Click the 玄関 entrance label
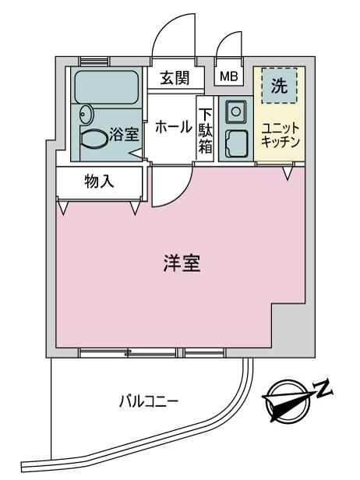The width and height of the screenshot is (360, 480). [175, 78]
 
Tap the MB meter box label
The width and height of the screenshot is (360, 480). [229, 76]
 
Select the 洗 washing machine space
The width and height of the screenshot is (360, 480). [279, 86]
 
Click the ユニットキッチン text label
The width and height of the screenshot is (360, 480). [280, 135]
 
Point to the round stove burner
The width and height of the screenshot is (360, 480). [235, 111]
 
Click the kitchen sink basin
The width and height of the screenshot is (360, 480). [236, 143]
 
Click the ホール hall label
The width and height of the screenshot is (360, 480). [174, 126]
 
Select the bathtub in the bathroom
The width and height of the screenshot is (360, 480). [106, 87]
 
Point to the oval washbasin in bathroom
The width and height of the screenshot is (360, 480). [86, 115]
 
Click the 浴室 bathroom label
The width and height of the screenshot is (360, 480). [124, 134]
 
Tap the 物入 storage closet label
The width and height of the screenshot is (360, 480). [99, 182]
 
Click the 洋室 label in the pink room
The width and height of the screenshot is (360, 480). [182, 263]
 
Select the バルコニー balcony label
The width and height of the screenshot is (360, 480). [149, 401]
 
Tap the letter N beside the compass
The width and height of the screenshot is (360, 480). [323, 389]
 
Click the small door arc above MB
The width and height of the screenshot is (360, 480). [224, 40]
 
